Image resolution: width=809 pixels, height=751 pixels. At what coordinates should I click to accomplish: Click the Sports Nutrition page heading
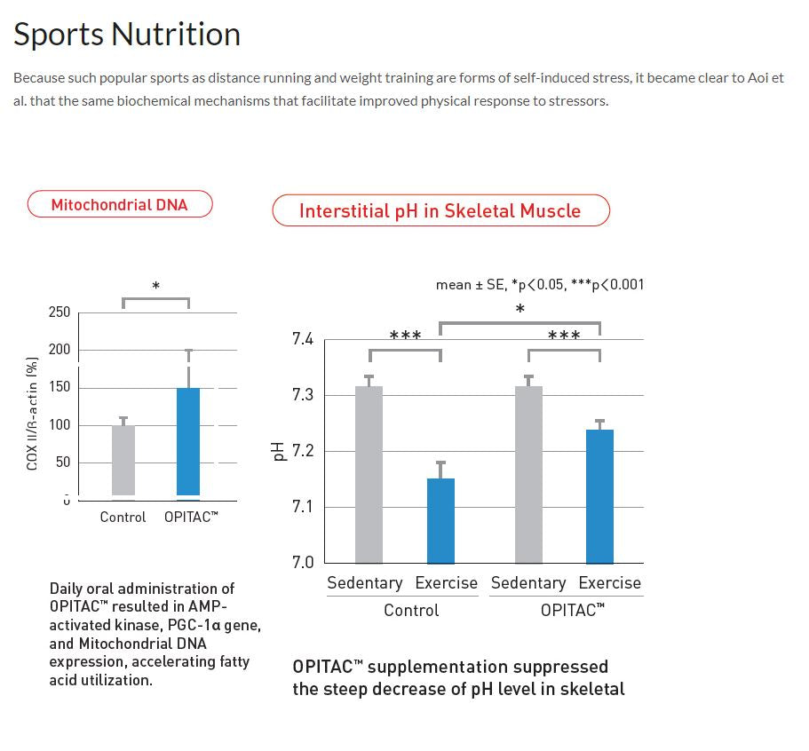point(127,35)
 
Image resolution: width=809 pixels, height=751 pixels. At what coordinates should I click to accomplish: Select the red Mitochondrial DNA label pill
point(119,204)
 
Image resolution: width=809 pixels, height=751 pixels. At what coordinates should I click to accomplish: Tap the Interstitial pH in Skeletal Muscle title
point(440,211)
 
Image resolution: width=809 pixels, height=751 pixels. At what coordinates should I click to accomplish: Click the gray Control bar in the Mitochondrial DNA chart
point(123,460)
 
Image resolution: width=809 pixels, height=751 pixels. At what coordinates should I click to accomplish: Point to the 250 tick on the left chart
point(59,312)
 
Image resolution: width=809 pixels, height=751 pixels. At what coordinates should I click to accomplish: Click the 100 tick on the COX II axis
point(59,425)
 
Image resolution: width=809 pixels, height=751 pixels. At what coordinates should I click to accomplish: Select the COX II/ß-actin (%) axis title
point(32,414)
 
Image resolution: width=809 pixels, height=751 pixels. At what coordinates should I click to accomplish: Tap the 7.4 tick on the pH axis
point(303,339)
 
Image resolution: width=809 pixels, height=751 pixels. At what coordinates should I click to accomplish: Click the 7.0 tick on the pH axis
point(303,562)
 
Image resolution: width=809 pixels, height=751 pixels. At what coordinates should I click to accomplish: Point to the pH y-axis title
point(276,451)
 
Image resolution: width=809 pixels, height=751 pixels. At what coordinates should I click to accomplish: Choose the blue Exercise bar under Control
point(440,520)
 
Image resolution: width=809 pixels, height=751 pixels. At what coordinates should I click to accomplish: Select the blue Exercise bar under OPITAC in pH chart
point(599,496)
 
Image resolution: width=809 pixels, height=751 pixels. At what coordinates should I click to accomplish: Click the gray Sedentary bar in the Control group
point(369,474)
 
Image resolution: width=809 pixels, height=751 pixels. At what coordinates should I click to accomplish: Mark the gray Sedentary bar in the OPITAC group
point(528,474)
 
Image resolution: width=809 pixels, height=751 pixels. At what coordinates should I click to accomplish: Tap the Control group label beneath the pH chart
point(411,611)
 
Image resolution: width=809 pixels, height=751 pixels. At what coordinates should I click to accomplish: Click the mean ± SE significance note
point(540,285)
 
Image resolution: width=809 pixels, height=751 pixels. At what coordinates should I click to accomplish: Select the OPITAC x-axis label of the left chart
point(191,517)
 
